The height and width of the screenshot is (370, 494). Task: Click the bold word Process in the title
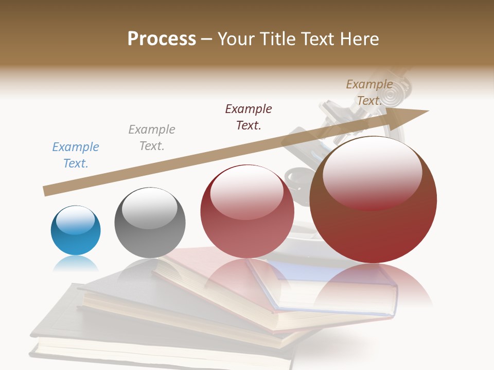click(x=162, y=39)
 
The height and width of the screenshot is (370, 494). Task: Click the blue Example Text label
click(x=76, y=155)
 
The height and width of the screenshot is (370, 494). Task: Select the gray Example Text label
click(x=152, y=138)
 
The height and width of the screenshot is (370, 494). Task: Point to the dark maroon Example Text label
click(x=249, y=117)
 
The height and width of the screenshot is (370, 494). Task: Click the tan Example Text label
click(x=369, y=92)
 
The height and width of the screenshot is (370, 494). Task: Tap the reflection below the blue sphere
click(x=76, y=264)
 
